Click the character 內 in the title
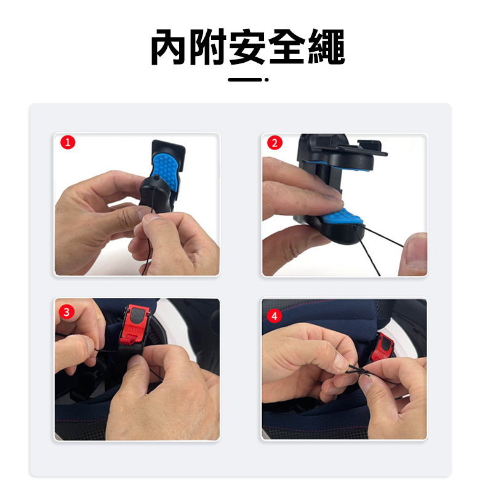pos(169,47)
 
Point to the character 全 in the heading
pos(287,47)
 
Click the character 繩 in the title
pos(326,47)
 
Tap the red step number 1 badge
pos(68,142)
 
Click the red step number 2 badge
pos(275,143)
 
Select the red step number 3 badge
pos(66,312)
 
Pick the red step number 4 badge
pos(274,316)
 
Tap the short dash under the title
pos(245,80)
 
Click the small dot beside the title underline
pos(267,80)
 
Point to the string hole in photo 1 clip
pos(156,177)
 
